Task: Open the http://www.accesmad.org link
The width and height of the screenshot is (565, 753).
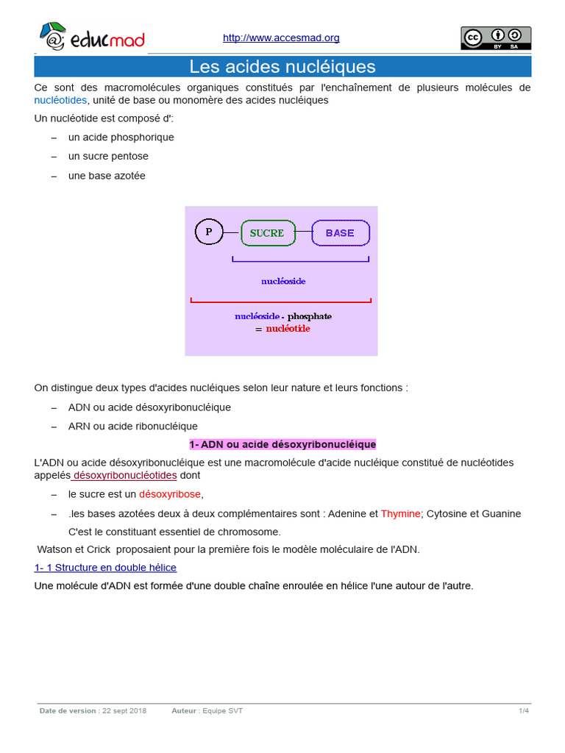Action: (x=281, y=38)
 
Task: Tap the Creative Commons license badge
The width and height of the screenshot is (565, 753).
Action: (x=496, y=38)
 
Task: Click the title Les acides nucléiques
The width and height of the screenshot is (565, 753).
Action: (x=282, y=67)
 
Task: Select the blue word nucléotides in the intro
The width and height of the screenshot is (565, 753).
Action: (x=60, y=100)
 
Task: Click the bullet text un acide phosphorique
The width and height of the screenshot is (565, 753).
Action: (x=121, y=137)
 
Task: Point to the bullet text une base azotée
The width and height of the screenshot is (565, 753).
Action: (x=107, y=176)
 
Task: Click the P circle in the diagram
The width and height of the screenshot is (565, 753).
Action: (x=208, y=232)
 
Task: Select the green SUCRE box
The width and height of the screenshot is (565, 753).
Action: (x=267, y=233)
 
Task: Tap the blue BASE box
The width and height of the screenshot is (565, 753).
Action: (x=340, y=233)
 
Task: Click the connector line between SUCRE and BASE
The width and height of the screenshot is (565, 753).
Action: (x=303, y=233)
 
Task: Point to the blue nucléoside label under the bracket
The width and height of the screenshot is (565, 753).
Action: (x=283, y=281)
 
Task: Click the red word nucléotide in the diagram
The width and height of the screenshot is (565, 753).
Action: (x=288, y=329)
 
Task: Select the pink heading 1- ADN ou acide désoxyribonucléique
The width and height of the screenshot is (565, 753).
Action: (x=282, y=444)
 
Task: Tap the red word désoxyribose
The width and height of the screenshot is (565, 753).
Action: (x=170, y=494)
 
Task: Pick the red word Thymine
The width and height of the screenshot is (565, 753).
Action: (x=400, y=513)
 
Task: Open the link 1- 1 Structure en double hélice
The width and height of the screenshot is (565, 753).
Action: (x=105, y=568)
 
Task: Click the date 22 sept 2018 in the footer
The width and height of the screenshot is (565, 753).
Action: (x=124, y=710)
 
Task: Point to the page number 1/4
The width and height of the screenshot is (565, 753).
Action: (x=523, y=710)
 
